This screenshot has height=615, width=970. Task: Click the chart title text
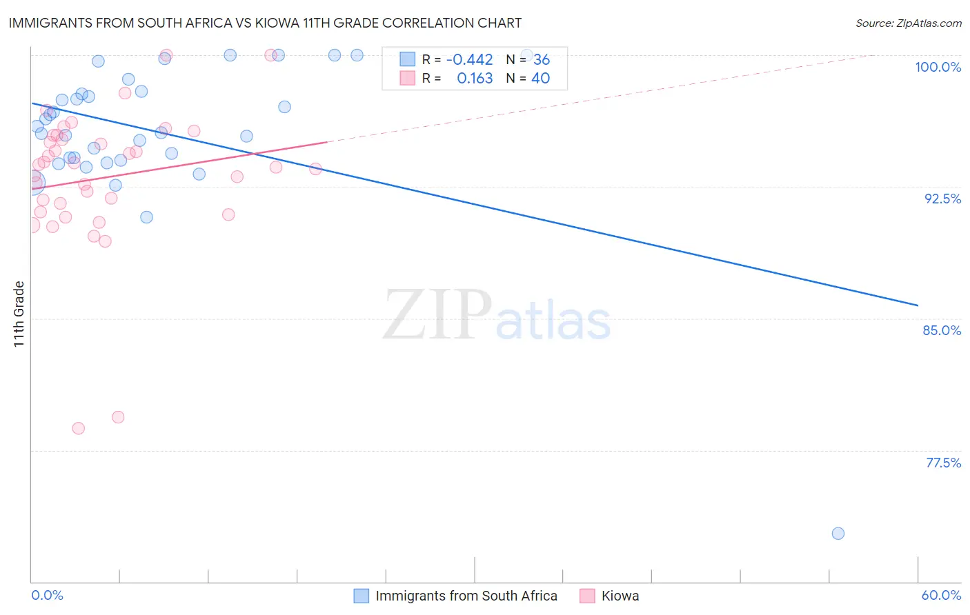pyautogui.click(x=265, y=23)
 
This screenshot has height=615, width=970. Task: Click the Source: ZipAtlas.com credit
pyautogui.click(x=908, y=23)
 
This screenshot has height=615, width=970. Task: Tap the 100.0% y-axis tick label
pyautogui.click(x=938, y=67)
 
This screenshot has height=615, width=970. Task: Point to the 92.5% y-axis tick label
pyautogui.click(x=942, y=199)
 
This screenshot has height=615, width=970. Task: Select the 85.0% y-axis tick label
pyautogui.click(x=942, y=330)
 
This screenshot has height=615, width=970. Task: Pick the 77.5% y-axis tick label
pyautogui.click(x=943, y=463)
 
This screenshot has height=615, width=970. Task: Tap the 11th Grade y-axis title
pyautogui.click(x=19, y=314)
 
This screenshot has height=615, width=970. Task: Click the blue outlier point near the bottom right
pyautogui.click(x=838, y=533)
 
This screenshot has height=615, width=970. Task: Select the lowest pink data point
pyautogui.click(x=79, y=428)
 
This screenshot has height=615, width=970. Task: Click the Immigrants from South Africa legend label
pyautogui.click(x=466, y=596)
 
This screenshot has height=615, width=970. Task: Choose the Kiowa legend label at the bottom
pyautogui.click(x=620, y=596)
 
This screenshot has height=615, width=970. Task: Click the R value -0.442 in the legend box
pyautogui.click(x=469, y=60)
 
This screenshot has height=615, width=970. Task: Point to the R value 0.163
pyautogui.click(x=475, y=79)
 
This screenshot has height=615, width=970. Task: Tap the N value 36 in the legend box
pyautogui.click(x=542, y=60)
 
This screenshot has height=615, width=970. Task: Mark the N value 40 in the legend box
pyautogui.click(x=540, y=79)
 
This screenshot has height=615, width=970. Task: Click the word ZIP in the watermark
pyautogui.click(x=437, y=314)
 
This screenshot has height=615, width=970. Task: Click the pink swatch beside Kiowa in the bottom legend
pyautogui.click(x=587, y=596)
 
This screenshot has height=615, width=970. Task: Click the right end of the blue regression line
pyautogui.click(x=918, y=305)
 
